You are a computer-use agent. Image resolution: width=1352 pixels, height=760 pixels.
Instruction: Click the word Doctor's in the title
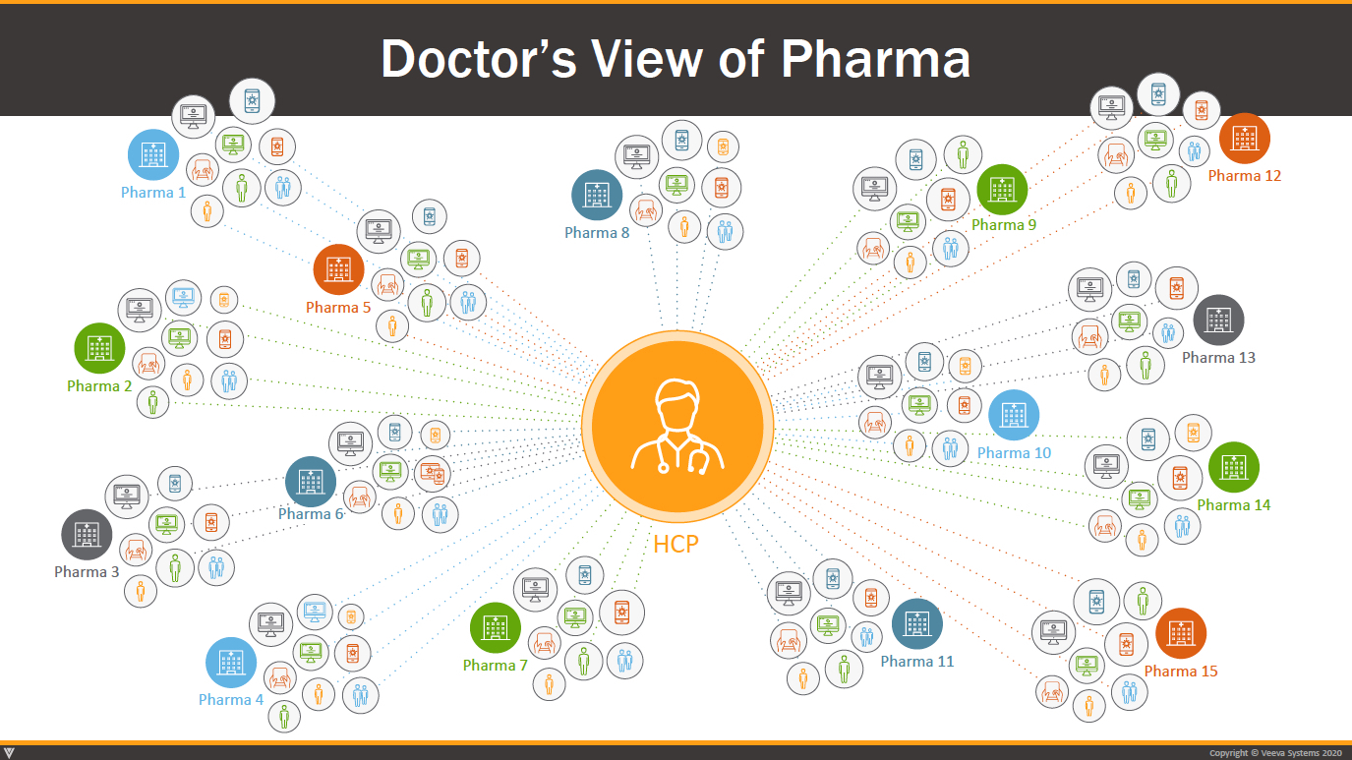click(x=479, y=59)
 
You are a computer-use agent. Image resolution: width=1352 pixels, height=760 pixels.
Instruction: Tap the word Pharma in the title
click(x=876, y=59)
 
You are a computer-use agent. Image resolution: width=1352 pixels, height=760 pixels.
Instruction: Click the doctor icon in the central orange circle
click(x=677, y=426)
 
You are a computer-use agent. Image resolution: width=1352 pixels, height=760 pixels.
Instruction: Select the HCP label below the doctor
click(x=676, y=544)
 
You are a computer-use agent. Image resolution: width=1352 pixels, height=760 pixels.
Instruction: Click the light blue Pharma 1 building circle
click(x=153, y=154)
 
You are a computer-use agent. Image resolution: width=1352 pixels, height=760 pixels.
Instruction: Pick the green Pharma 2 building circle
click(x=99, y=348)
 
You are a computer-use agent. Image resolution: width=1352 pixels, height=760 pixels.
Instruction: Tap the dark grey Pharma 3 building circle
click(x=87, y=535)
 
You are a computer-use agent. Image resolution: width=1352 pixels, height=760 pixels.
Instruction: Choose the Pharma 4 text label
click(x=231, y=700)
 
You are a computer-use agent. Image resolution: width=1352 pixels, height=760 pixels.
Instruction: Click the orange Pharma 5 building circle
click(x=338, y=269)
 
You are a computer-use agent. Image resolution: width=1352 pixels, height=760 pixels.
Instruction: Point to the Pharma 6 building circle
click(x=311, y=482)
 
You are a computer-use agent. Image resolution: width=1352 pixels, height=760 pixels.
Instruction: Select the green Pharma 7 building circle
click(x=496, y=628)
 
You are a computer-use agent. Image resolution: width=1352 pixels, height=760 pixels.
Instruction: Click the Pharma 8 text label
click(x=597, y=232)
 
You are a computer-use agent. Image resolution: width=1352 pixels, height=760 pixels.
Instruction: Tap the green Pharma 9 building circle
click(x=1003, y=190)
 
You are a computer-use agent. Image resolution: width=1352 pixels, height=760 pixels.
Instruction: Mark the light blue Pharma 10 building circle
click(x=1014, y=415)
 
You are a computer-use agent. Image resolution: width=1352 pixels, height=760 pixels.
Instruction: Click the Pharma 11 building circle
click(x=917, y=624)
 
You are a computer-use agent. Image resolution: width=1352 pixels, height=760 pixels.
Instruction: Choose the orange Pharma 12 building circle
click(x=1245, y=139)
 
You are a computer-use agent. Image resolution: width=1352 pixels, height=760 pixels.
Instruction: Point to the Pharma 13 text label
click(x=1218, y=357)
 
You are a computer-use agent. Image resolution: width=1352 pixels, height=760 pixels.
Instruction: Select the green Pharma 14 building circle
click(x=1234, y=467)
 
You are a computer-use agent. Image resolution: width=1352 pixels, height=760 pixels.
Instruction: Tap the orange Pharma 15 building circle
click(x=1181, y=633)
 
